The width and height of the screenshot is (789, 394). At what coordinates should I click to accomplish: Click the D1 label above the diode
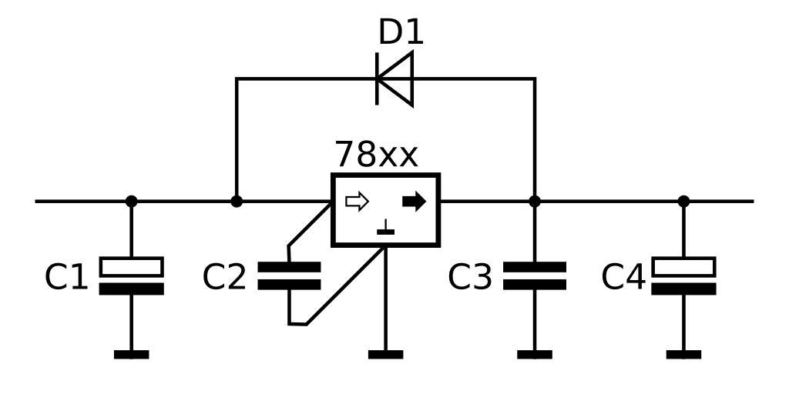point(401,33)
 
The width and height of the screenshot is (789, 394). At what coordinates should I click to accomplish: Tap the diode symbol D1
point(394,78)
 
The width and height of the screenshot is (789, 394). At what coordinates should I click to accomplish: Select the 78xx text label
point(376,155)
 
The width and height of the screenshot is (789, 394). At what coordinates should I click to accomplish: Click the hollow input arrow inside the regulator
point(357,202)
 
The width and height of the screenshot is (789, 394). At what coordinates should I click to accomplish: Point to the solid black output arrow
point(414,202)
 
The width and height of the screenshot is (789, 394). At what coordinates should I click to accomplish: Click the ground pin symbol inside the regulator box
point(385,229)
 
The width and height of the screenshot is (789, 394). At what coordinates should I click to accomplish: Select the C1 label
point(66,277)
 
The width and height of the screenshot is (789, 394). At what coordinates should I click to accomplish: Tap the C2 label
point(224,277)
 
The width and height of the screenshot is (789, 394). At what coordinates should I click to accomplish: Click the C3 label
point(469,277)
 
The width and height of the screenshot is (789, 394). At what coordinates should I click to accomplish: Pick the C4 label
point(623,277)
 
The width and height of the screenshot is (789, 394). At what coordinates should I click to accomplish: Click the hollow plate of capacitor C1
point(132,266)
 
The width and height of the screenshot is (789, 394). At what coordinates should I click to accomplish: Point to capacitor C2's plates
point(289,275)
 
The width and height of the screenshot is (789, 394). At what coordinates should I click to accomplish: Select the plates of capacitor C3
point(535,275)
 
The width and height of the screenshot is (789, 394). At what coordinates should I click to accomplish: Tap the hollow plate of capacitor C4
point(683,266)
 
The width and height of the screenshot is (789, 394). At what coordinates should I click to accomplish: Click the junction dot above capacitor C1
point(132,202)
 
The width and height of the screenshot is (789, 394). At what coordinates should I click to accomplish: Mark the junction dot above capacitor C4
point(683,202)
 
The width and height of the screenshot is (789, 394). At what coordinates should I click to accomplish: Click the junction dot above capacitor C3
point(535,202)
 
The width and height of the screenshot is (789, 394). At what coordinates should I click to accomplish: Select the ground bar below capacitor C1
point(132,355)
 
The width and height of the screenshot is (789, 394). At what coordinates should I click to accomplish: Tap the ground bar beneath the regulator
point(385,355)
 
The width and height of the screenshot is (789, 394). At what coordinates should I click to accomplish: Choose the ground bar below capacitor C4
point(683,355)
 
